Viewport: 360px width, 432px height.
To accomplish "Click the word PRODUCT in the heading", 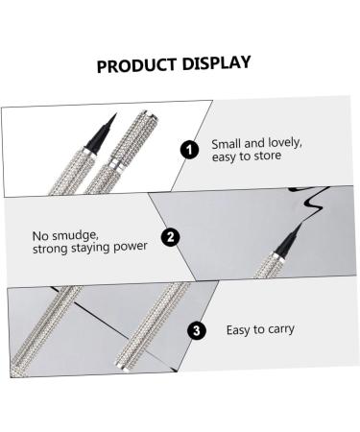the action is (136, 65).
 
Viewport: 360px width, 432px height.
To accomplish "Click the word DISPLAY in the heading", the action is (216, 63).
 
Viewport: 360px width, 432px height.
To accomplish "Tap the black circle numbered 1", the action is (189, 150).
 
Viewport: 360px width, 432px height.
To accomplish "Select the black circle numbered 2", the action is (170, 237).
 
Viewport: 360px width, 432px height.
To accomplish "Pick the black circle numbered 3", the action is (196, 330).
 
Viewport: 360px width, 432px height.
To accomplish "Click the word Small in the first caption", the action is (227, 144).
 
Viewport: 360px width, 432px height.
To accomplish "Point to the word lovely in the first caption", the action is (285, 143).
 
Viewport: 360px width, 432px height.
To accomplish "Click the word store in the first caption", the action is (268, 156).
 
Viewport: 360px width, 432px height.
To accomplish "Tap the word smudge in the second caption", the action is (75, 236).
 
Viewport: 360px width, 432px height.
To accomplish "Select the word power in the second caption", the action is (131, 247).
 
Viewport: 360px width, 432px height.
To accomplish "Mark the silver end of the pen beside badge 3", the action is (122, 366).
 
